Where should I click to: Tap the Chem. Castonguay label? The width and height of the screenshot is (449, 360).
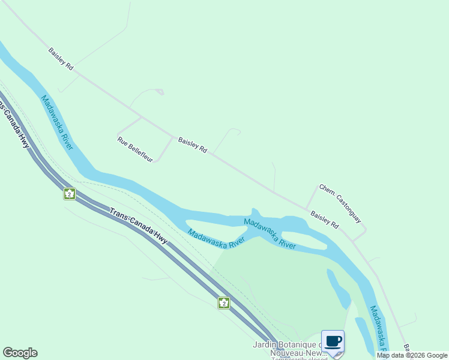[340, 204]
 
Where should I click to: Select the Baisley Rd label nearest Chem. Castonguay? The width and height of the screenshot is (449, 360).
[324, 219]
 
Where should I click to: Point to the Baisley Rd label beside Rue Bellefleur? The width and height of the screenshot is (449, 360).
[192, 145]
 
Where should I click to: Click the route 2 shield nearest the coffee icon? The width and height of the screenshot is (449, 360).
[223, 303]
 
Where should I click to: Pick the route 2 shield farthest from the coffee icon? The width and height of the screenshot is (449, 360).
[70, 194]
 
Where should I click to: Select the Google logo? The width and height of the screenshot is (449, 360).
[20, 353]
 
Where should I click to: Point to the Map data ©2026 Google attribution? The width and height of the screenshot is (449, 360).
[412, 355]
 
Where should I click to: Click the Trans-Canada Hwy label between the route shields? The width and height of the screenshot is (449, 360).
[138, 225]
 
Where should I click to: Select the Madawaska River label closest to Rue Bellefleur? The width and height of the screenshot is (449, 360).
[57, 122]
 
